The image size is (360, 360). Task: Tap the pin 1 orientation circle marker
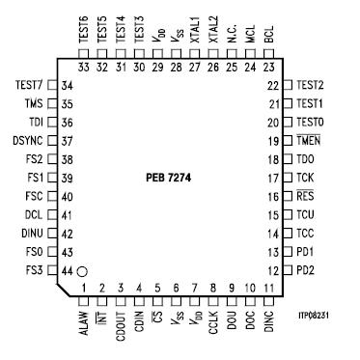tap(84, 273)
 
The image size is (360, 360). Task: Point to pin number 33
tap(84, 68)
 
